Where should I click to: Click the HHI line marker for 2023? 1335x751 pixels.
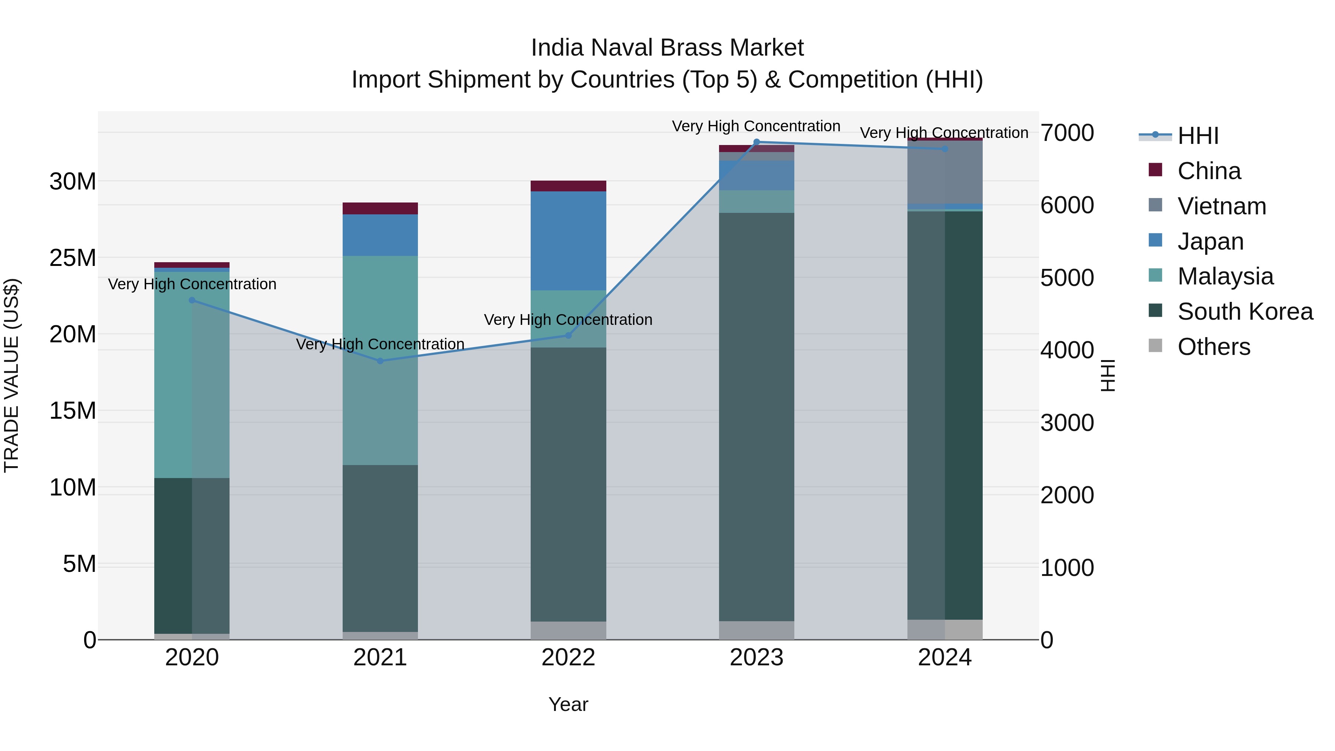[756, 142]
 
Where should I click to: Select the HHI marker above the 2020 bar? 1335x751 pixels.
[192, 300]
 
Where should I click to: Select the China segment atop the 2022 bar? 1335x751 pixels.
[568, 186]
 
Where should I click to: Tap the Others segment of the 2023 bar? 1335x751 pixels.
[756, 630]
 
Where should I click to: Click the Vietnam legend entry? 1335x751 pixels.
[1222, 206]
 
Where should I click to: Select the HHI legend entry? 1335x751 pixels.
[1197, 136]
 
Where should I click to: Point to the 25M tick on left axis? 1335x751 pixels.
[73, 258]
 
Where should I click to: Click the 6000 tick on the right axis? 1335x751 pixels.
[1067, 205]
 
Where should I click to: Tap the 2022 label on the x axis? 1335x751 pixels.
[568, 658]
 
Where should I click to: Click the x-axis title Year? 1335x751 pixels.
[568, 704]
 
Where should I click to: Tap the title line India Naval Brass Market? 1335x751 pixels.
[667, 48]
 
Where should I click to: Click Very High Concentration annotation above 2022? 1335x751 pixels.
[568, 320]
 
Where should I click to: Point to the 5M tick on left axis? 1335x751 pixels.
[79, 563]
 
